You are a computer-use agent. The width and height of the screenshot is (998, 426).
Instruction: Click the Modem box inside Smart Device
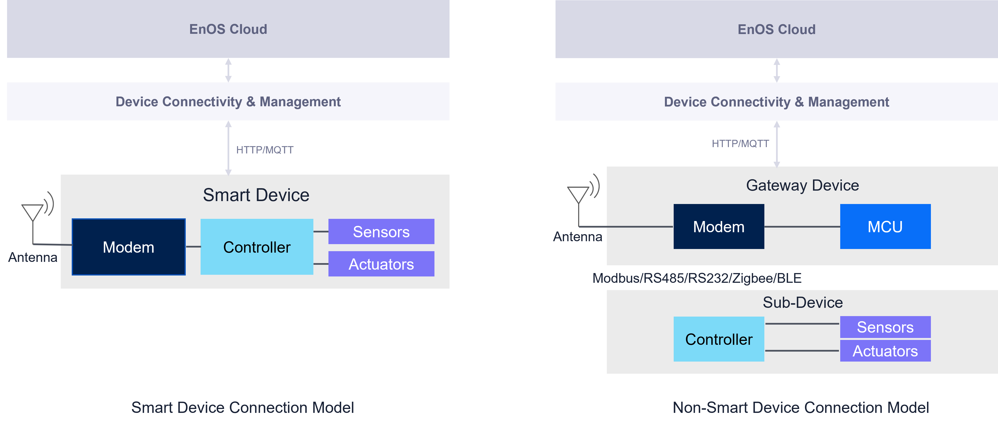tap(129, 247)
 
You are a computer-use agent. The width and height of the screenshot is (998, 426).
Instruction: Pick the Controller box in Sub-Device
tap(719, 339)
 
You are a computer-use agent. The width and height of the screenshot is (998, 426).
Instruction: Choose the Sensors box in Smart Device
tap(381, 232)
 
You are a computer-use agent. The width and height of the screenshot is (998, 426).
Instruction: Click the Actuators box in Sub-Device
tap(885, 351)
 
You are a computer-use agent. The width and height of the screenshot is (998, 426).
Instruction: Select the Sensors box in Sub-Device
tap(885, 327)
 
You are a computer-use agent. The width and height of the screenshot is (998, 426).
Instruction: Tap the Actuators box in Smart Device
tap(381, 264)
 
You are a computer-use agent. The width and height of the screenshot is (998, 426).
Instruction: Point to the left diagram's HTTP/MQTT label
tap(265, 150)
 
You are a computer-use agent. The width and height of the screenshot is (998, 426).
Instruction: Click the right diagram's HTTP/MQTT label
tap(740, 144)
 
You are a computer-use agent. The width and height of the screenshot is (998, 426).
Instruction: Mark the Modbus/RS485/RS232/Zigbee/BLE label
tap(697, 278)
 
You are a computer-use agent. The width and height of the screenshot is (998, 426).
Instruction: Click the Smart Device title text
tap(256, 195)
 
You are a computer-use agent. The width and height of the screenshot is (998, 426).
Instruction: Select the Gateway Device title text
tap(802, 185)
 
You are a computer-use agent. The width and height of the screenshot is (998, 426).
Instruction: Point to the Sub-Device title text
tap(802, 302)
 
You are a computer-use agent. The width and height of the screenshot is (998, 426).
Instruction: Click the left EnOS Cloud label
tap(228, 29)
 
